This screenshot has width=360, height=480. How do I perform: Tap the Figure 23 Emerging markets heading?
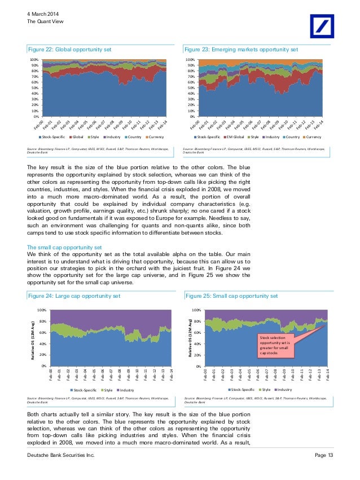[x=240, y=50]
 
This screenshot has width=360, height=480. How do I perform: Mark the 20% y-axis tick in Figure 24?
[x=42, y=355]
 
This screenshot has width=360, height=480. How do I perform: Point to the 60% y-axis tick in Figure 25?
[x=197, y=333]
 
